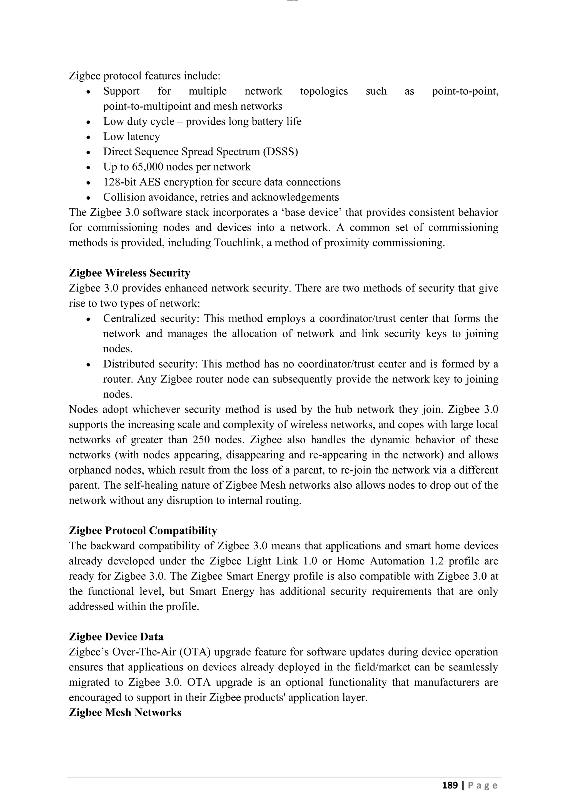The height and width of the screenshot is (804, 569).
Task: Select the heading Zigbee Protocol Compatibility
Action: pyautogui.click(x=143, y=531)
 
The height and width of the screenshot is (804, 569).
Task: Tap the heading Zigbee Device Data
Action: pyautogui.click(x=116, y=637)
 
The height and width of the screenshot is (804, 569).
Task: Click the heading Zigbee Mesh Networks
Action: pyautogui.click(x=125, y=713)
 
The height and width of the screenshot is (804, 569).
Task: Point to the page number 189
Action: pyautogui.click(x=450, y=785)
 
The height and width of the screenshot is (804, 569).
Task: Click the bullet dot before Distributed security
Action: pyautogui.click(x=89, y=365)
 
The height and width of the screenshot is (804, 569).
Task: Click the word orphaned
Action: pyautogui.click(x=88, y=470)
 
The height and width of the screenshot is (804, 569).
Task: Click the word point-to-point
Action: pyautogui.click(x=465, y=91)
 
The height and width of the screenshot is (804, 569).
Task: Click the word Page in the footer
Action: pyautogui.click(x=483, y=785)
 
